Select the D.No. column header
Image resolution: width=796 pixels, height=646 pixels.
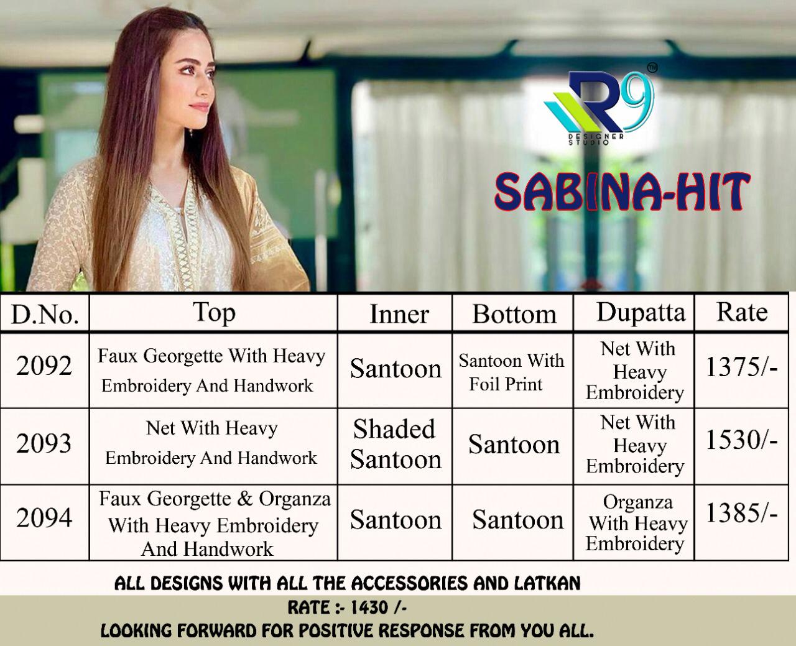tap(45, 314)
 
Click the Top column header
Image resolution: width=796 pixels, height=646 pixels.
tap(214, 313)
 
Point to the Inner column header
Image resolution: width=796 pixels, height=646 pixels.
tap(399, 314)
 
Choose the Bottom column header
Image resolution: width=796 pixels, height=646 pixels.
tap(514, 314)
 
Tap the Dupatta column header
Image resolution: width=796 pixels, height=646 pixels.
tap(641, 312)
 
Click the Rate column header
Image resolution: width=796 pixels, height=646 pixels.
tap(742, 312)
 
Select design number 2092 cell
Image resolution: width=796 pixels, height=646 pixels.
tap(44, 366)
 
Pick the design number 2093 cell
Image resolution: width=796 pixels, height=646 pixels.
tap(44, 443)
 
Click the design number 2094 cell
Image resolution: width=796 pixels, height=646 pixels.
tap(44, 518)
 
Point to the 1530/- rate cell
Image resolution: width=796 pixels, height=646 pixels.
tap(742, 440)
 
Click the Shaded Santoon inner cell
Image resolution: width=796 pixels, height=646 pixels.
tap(396, 444)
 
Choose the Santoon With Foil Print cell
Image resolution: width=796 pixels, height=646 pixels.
tap(511, 372)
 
